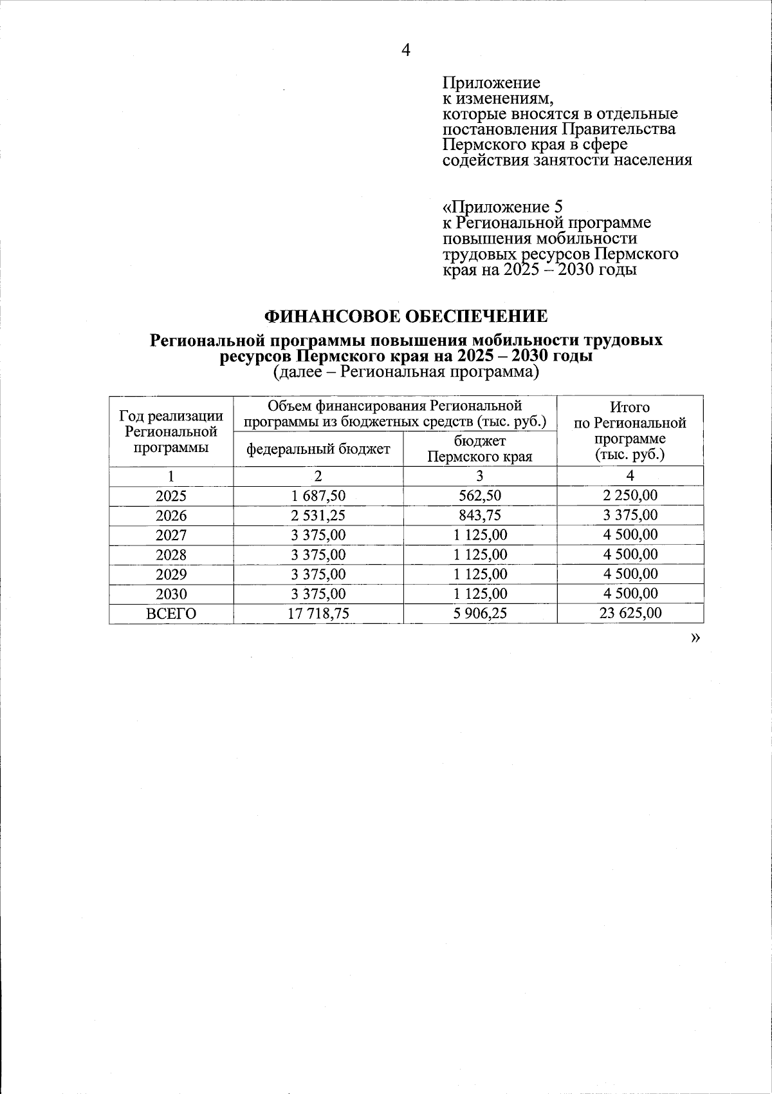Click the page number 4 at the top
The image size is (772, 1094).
[405, 50]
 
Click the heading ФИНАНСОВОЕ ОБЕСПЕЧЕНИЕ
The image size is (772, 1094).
[406, 316]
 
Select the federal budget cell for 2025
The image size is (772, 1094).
[318, 496]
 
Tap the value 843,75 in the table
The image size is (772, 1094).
[479, 515]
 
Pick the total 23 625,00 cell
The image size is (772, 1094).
[630, 613]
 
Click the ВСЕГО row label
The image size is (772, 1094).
[171, 614]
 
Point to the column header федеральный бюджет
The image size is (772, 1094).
[318, 449]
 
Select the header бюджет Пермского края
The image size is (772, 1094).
[480, 449]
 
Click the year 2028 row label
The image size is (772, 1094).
[171, 554]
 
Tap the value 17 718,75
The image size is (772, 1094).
[318, 613]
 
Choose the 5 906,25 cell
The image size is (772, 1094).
[479, 613]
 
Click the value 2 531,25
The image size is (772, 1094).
[318, 515]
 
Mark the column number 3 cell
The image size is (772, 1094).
[480, 476]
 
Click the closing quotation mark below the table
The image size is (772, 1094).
[694, 637]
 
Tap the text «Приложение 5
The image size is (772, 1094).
[502, 207]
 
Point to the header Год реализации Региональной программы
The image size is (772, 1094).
[171, 431]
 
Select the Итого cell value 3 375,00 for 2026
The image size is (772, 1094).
[630, 515]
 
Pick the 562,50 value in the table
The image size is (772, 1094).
[479, 496]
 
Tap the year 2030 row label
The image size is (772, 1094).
[171, 594]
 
